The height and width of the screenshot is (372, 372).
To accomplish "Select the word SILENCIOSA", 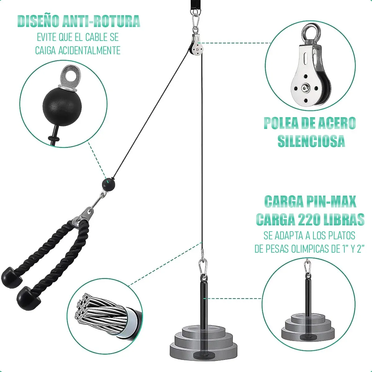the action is coord(311,141).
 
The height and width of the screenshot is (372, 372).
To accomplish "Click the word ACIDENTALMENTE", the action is coord(89,51).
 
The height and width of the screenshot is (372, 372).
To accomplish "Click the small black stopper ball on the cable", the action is coord(108,184).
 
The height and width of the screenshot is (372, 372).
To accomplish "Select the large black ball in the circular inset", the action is coord(62,107).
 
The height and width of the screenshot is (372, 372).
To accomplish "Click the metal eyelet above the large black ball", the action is coord(70,77).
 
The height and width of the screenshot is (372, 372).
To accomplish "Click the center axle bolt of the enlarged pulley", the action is coord(306,88).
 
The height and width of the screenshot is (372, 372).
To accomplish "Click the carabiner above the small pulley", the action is coord(196,22).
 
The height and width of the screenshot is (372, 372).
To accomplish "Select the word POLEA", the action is coord(281,123).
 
